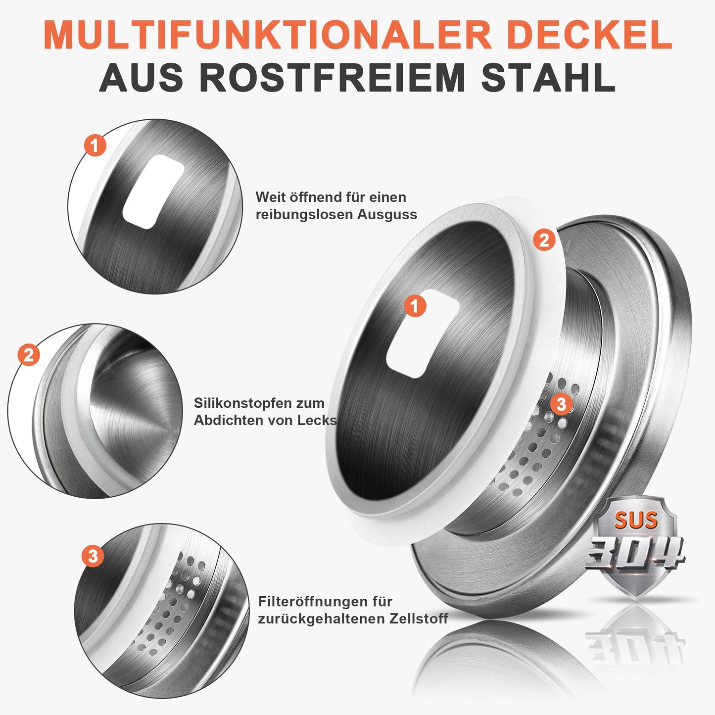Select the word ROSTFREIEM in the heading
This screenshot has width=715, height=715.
[333, 78]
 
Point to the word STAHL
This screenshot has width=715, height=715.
[549, 78]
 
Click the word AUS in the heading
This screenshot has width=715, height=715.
[142, 78]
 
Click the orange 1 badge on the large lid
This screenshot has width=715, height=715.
[415, 306]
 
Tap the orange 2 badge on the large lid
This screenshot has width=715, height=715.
[544, 240]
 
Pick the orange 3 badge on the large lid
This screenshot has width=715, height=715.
[561, 404]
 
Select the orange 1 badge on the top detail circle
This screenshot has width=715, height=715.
[95, 145]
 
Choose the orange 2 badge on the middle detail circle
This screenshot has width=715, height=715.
[29, 355]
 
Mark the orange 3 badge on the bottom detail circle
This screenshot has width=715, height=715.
[93, 556]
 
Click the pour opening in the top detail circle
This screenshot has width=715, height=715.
[153, 191]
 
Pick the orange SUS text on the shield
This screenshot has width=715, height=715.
[636, 520]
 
